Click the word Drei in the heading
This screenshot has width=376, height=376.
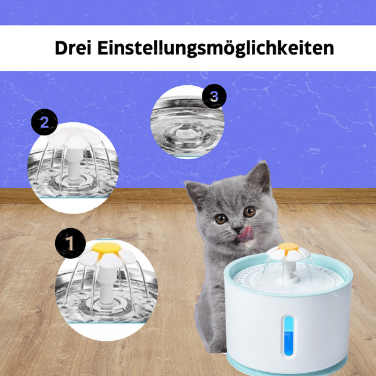pos(74,48)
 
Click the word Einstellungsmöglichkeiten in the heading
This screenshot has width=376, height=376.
pos(215,49)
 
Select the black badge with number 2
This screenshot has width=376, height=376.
pos(44,122)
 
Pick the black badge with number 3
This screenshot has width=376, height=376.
pos(214,96)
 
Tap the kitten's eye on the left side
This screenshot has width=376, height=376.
pos(221,218)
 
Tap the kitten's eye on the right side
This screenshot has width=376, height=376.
pos(249,211)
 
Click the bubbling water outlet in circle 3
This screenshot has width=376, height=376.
pos(185,133)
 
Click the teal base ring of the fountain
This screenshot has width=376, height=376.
pos(288,367)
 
